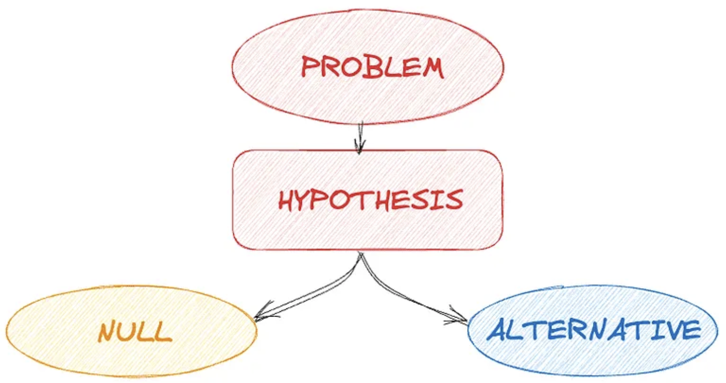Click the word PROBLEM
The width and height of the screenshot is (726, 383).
[372, 67]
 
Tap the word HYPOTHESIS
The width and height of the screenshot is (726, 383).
[370, 200]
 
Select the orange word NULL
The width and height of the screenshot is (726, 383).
[135, 332]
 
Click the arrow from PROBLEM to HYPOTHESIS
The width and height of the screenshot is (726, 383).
[361, 137]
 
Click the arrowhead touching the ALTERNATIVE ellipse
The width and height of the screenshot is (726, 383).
[460, 319]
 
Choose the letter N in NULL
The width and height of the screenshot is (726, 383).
[107, 332]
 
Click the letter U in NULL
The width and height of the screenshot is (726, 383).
[128, 333]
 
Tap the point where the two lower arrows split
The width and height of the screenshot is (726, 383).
[361, 254]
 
